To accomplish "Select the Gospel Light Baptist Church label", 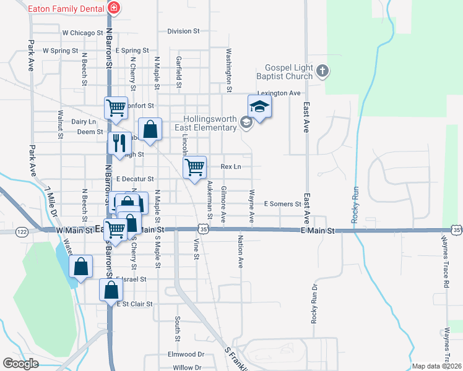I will tap(288, 72).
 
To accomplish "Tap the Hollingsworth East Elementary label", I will tap(210, 123).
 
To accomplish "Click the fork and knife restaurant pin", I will tap(118, 143).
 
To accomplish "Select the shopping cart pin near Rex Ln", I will tap(195, 167).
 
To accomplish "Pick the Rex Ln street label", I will tap(231, 167).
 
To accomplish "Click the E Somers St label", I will tap(282, 203).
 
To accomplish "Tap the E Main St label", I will tap(317, 231).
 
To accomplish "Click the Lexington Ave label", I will tap(279, 93).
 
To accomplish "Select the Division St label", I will tap(184, 31).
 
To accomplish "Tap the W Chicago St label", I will tap(82, 32).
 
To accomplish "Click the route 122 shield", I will tap(22, 231).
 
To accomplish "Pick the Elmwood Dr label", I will tap(186, 354).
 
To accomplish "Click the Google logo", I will tap(21, 364).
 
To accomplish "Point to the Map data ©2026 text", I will tap(436, 366).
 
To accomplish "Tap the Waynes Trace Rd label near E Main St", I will tap(445, 260).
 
